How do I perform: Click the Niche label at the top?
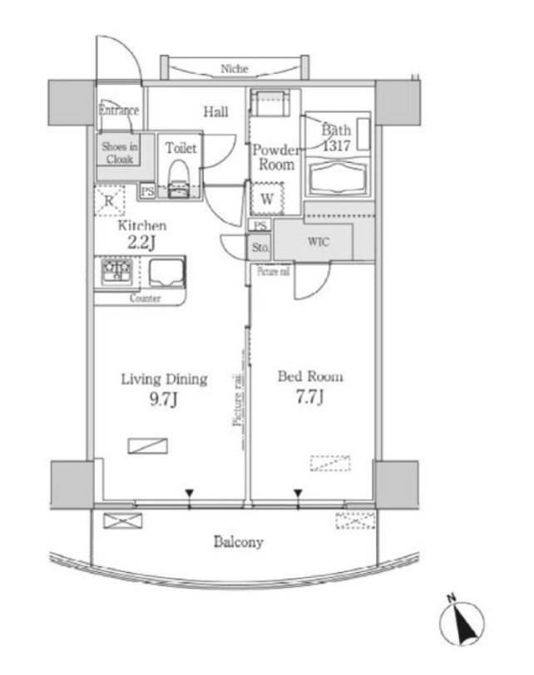click(235, 68)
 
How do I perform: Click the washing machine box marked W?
click(267, 199)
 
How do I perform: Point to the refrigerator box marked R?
click(110, 200)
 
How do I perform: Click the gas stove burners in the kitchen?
click(116, 271)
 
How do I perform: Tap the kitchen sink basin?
click(166, 273)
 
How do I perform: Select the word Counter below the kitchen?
click(145, 298)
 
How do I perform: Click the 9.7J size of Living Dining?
click(163, 400)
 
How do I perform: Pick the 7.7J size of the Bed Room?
click(309, 397)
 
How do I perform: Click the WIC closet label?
click(319, 242)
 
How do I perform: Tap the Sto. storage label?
click(260, 248)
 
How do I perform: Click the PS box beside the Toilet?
click(148, 191)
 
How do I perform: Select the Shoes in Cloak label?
click(120, 153)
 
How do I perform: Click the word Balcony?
click(239, 542)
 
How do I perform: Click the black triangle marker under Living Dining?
click(189, 493)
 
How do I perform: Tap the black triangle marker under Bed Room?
click(298, 493)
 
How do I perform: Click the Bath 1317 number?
click(336, 145)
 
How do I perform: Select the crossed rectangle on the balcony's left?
click(123, 521)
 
